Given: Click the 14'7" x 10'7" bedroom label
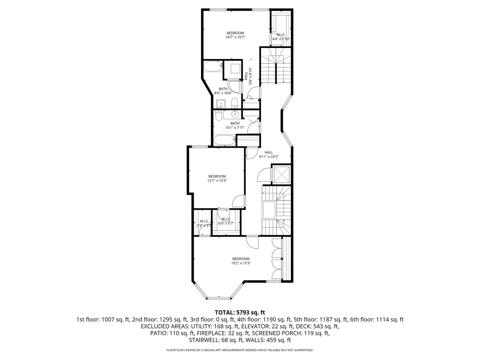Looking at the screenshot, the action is [235, 35].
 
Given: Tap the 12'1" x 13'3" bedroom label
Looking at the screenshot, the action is [217, 179].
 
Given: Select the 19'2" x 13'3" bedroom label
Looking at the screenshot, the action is [241, 261].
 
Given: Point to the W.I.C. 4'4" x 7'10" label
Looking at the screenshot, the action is [281, 37].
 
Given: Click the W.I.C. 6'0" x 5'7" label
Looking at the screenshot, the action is [226, 221].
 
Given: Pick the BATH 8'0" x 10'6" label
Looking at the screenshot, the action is [223, 91].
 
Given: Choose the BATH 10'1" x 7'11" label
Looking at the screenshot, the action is [235, 125].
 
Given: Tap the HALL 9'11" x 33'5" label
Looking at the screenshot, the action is [269, 155].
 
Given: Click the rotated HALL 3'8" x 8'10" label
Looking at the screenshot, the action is [248, 76].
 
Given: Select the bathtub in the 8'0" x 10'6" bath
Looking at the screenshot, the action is [213, 66].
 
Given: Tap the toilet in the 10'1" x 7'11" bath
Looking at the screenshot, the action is [219, 115].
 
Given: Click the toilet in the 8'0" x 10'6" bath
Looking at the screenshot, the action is [234, 103].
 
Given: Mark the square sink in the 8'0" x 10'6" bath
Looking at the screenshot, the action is [221, 104].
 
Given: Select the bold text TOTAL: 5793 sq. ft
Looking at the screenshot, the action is [240, 312].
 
